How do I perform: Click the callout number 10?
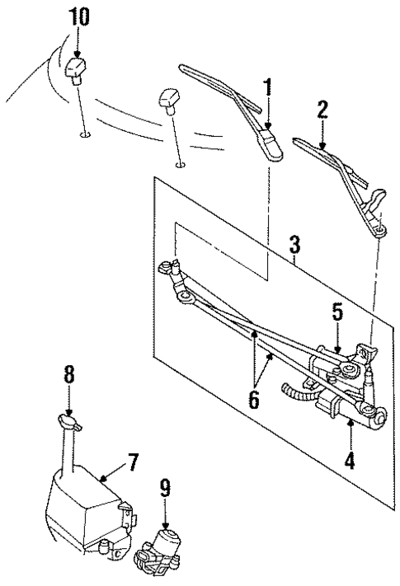pos(78,17)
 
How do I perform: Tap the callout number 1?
pos(268,87)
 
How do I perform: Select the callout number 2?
pos(322,110)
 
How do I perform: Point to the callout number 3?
pos(294,245)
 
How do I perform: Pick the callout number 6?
pos(254,400)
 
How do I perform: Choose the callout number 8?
pos(69,374)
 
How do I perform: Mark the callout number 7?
pos(133,462)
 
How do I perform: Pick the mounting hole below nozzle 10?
pos(86,134)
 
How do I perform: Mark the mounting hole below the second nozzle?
pos(180,165)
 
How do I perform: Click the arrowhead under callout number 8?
pos(68,412)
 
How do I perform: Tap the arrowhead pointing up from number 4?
pos(350,422)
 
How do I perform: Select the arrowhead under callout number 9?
pos(165,526)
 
